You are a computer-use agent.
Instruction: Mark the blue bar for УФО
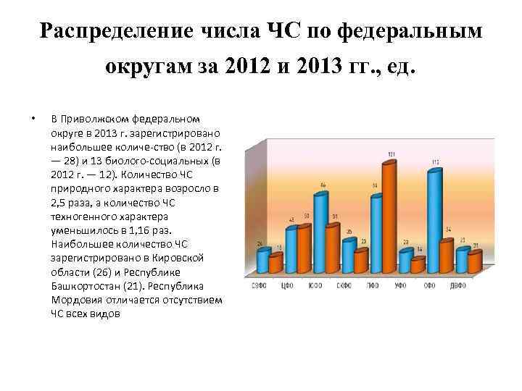tap(405, 258)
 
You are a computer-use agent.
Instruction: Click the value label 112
tap(436, 161)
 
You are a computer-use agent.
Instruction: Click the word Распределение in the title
tap(115, 30)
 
